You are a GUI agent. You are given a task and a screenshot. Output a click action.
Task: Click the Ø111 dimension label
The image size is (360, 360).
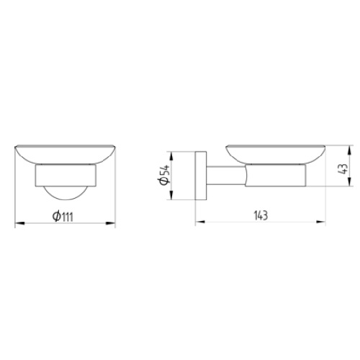63,217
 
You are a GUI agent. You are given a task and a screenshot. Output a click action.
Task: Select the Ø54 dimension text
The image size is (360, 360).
164,174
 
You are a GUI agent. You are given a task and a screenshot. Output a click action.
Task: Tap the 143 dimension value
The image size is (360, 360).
261,215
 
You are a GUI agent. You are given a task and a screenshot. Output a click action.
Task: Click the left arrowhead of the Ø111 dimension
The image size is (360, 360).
20,223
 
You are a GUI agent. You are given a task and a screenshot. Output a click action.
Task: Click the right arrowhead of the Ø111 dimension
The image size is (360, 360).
110,223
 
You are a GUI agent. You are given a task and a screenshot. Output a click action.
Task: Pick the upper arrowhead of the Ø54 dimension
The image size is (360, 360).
171,156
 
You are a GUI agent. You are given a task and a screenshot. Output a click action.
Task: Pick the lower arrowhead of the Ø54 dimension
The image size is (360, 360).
171,195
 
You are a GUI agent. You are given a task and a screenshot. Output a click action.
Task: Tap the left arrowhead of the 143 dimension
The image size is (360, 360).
200,222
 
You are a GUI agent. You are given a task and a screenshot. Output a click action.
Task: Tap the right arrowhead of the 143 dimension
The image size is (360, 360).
320,222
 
